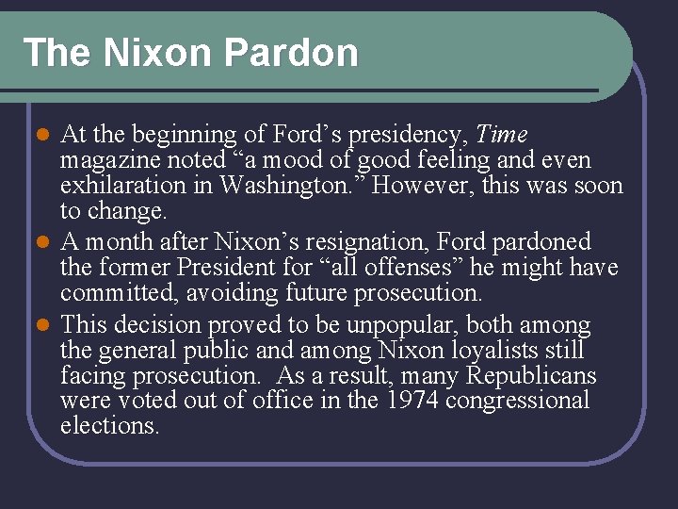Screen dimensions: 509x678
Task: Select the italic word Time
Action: [503, 135]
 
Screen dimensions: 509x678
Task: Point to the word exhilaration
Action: [137, 185]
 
